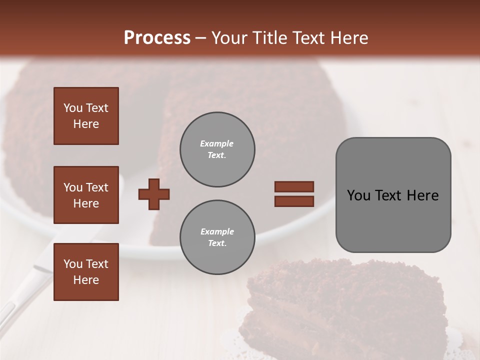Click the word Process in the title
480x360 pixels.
point(157,38)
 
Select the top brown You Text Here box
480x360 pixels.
point(86,116)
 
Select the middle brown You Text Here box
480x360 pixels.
point(86,195)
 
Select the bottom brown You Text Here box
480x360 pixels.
point(86,271)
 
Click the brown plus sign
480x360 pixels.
point(154,194)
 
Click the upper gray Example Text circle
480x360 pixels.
point(217,149)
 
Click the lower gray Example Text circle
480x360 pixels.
point(217,237)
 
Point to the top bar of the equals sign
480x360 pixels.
point(294,187)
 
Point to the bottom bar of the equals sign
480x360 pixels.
point(294,201)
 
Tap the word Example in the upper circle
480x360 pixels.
point(217,143)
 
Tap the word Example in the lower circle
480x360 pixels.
point(217,231)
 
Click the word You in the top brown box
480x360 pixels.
point(72,108)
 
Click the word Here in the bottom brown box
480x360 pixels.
point(86,279)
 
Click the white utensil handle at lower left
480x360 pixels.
point(20,295)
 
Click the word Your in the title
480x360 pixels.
point(229,38)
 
